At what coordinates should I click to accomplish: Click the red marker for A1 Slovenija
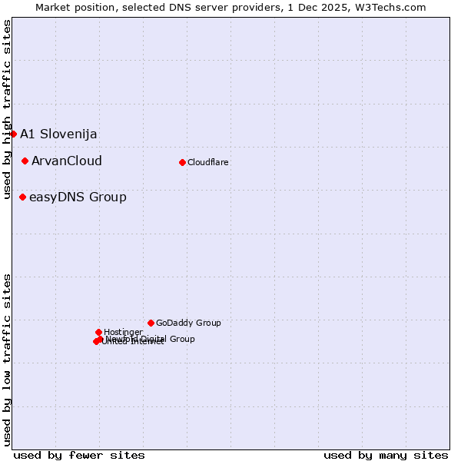(13, 134)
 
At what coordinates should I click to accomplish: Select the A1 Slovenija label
(58, 134)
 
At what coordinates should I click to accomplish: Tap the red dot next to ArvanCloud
(25, 161)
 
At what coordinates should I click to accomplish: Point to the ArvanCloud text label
(67, 161)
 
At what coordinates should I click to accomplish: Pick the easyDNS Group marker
(23, 197)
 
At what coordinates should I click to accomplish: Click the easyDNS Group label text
(78, 197)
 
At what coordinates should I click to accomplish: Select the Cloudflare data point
(182, 162)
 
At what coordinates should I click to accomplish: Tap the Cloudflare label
(208, 163)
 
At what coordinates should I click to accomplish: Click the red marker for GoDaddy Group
(151, 323)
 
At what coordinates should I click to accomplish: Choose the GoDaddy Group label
(188, 323)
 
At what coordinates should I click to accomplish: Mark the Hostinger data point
(98, 332)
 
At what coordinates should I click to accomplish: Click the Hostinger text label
(123, 332)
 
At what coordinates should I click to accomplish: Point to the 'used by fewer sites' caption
(79, 456)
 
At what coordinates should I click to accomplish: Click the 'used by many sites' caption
(386, 456)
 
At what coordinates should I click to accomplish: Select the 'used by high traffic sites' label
(8, 109)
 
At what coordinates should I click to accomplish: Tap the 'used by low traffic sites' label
(8, 360)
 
